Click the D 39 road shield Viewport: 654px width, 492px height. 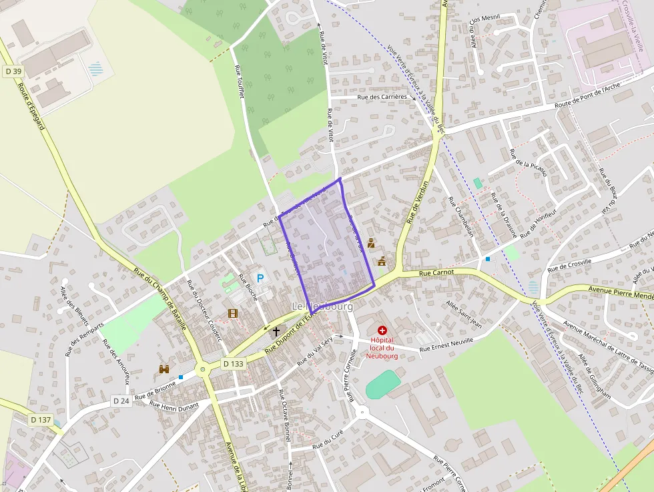tap(13, 71)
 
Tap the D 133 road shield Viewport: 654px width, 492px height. tap(234, 364)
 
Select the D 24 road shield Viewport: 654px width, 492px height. tap(121, 401)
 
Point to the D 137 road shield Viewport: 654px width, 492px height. tap(41, 420)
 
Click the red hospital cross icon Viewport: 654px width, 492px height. tap(382, 330)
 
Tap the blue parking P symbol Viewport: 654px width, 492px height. tap(260, 278)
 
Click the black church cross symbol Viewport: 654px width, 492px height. tap(276, 330)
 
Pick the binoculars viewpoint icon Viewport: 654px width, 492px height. tap(164, 368)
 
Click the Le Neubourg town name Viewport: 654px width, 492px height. tap(322, 306)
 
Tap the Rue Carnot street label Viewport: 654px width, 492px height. tap(436, 272)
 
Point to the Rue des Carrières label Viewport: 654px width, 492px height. tap(382, 97)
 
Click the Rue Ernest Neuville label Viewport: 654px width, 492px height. tap(446, 344)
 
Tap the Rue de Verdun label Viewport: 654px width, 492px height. tap(416, 201)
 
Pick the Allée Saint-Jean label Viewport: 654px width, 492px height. tap(464, 313)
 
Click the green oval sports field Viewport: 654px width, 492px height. tap(383, 385)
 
